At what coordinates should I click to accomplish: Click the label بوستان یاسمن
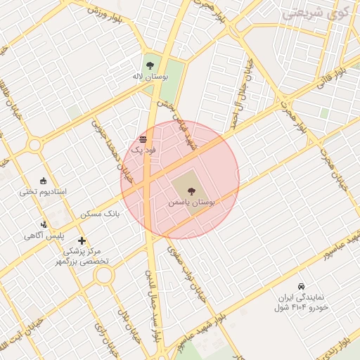(x=191, y=201)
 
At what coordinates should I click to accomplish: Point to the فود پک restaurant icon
(x=143, y=139)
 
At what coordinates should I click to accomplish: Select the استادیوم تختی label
(x=42, y=191)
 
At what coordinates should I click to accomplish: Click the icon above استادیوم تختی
(x=43, y=181)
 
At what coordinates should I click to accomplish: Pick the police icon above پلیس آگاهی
(x=44, y=224)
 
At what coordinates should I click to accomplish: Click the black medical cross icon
(x=82, y=241)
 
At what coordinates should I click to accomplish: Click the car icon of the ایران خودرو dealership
(x=301, y=286)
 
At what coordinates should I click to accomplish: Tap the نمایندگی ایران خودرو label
(x=302, y=302)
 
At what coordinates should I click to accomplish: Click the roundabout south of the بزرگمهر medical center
(x=104, y=276)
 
